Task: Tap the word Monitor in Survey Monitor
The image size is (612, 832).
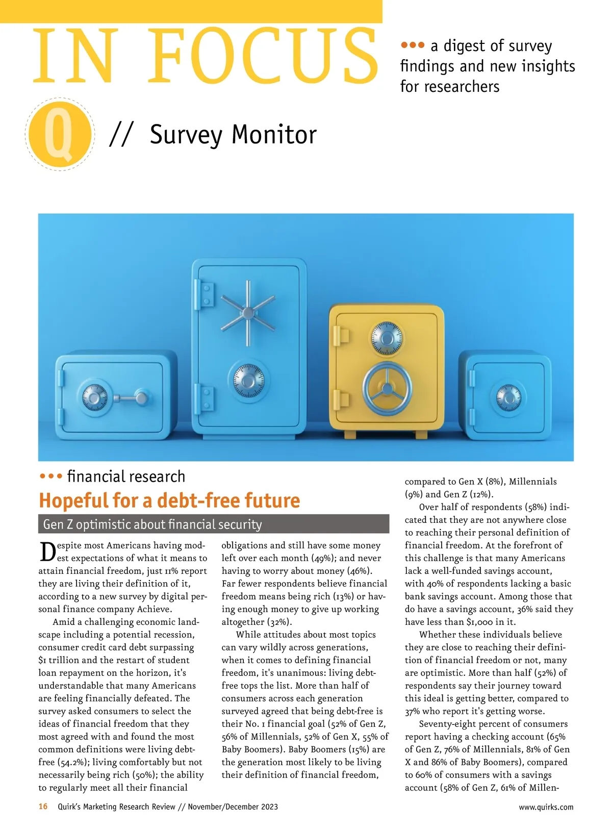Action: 274,135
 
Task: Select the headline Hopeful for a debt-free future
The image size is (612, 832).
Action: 169,500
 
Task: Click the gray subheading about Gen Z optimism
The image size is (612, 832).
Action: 152,524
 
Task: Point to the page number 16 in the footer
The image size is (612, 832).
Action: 43,806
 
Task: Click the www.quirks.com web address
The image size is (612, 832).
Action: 546,807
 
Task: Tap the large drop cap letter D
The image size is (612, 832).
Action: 47,552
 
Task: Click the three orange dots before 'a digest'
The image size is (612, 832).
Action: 413,45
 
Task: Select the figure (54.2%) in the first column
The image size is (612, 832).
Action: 70,762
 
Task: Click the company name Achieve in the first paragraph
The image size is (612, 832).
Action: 154,609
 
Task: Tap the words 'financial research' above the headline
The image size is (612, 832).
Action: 126,476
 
